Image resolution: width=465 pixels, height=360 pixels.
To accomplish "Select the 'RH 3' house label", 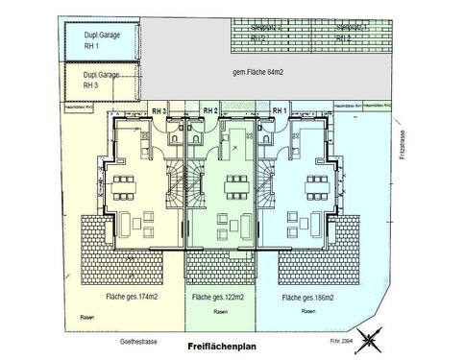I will click(159, 111).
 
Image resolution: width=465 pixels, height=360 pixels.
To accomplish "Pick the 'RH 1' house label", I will click(280, 111).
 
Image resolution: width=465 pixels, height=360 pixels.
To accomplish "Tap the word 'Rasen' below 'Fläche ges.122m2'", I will click(220, 312).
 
